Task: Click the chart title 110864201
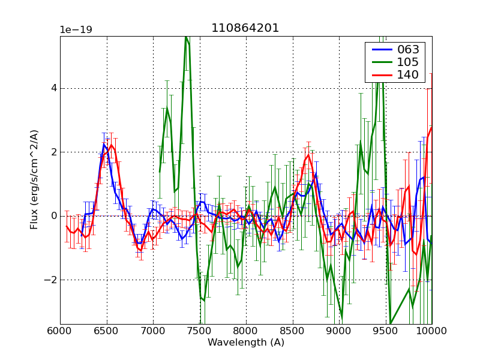point(245,28)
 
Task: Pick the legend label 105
point(408,62)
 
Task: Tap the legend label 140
point(408,74)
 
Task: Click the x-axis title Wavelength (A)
point(246,343)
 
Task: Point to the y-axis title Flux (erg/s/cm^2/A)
point(35,179)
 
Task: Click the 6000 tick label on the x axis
point(60,330)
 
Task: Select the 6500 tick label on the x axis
point(107,330)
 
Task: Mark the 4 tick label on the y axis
point(53,88)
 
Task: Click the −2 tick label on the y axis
point(50,280)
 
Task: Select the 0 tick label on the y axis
point(53,216)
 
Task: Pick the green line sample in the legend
point(379,62)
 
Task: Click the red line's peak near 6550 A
point(111,145)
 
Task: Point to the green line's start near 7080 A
point(160,172)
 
